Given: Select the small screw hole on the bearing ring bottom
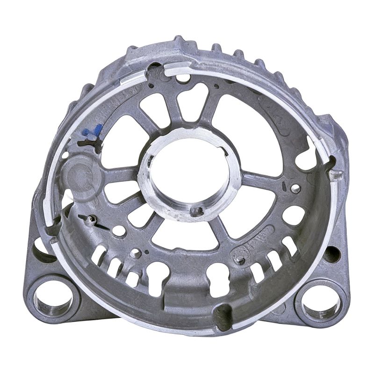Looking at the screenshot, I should click(x=199, y=211).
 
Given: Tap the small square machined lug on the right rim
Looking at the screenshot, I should click(x=335, y=175).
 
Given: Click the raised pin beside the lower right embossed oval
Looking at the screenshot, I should click(x=240, y=259).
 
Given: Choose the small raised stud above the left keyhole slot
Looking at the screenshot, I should click(x=136, y=253).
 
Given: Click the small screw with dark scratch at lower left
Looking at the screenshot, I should click(x=89, y=219).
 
